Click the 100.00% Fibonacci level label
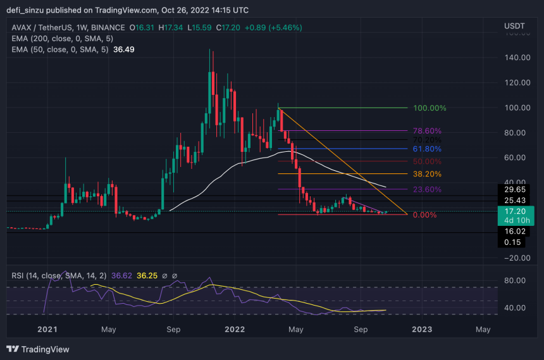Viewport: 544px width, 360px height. pos(430,108)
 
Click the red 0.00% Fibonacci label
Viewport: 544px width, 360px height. pos(425,215)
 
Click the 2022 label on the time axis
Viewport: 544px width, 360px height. pos(235,330)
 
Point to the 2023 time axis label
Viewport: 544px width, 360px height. pos(422,330)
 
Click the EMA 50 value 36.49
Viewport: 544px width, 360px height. pos(123,49)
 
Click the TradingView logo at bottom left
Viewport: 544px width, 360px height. pos(38,349)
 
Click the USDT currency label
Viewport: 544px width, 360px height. pos(514,25)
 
